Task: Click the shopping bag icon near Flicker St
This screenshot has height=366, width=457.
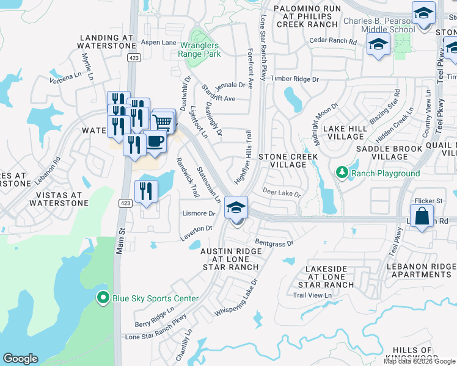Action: coord(422,216)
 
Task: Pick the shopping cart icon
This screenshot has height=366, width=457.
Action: coord(163,121)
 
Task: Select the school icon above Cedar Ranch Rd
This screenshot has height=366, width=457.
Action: coord(378,44)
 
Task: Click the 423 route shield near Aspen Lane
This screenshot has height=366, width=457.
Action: coord(134,57)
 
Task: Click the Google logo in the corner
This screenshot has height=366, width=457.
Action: coord(20,358)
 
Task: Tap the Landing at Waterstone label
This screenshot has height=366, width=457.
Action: coord(106,41)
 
